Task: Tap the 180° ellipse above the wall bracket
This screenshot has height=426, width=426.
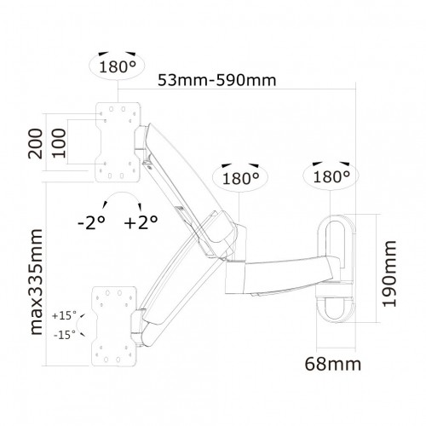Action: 329,177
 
